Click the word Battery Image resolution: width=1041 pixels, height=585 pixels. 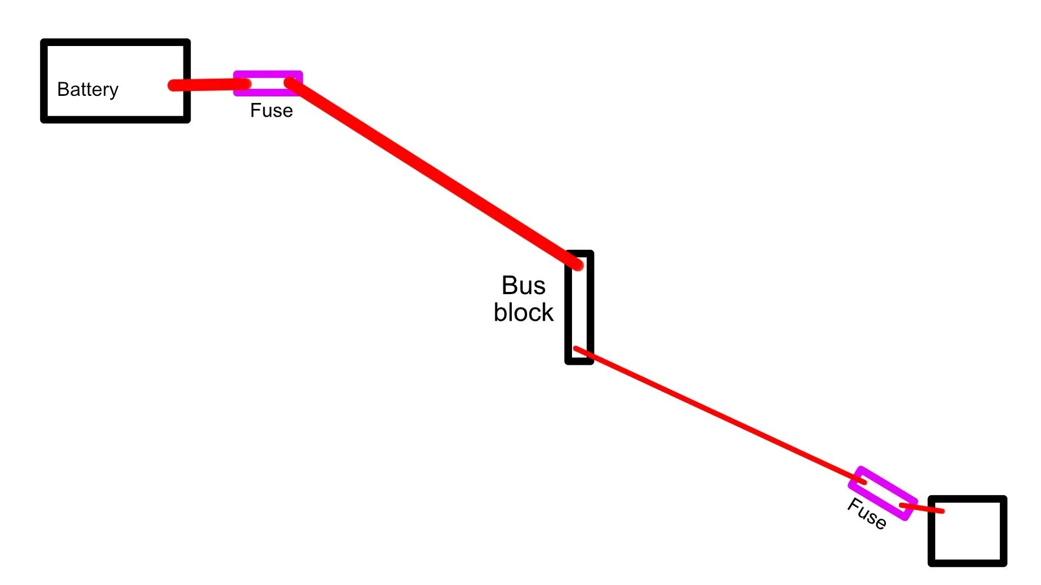click(88, 89)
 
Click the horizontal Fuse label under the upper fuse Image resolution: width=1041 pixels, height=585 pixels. click(271, 110)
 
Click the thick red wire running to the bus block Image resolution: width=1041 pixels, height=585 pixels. click(433, 174)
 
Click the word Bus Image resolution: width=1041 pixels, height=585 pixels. click(523, 285)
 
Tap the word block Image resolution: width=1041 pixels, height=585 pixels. click(523, 312)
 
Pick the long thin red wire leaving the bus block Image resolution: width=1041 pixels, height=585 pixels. click(720, 416)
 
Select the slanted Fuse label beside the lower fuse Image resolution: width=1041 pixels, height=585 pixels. click(867, 514)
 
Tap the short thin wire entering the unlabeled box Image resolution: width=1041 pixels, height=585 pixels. click(922, 508)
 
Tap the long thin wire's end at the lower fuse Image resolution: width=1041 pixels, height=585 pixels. click(865, 483)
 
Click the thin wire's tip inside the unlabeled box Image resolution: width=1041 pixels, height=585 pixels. click(943, 511)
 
